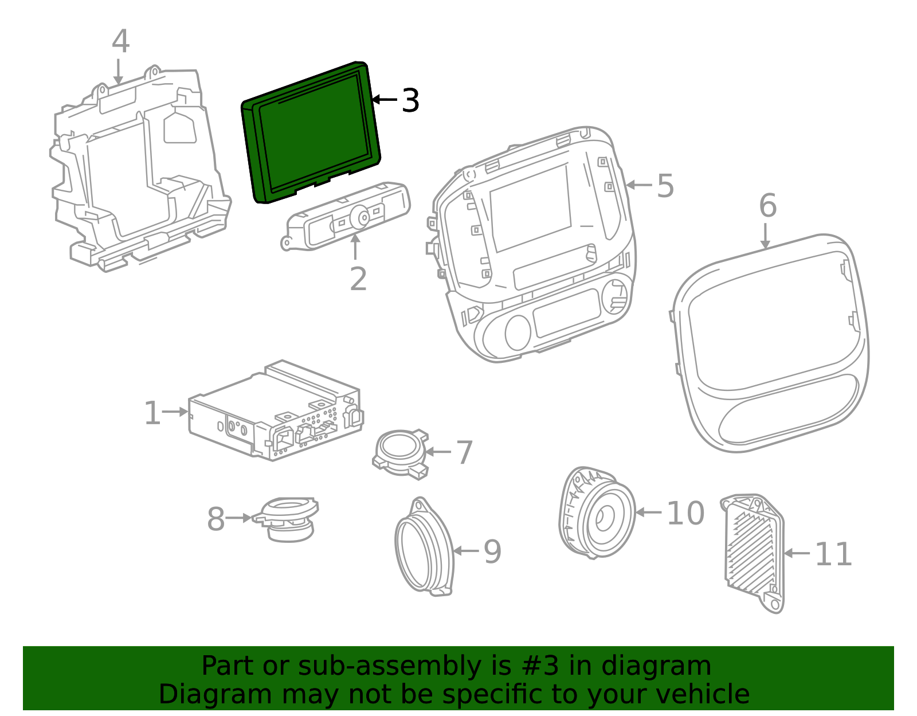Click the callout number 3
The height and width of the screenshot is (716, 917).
[x=410, y=101]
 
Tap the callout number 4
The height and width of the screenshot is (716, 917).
[x=120, y=42]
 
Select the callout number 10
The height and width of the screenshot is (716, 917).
[x=685, y=513]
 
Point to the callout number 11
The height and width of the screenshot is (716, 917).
[x=833, y=554]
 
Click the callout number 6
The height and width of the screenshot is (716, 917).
[x=767, y=205]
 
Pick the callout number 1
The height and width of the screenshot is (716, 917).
[x=152, y=413]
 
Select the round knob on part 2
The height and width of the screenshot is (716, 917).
[x=362, y=217]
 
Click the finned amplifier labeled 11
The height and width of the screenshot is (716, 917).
[x=753, y=550]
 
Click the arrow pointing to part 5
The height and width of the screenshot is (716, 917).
[x=639, y=185]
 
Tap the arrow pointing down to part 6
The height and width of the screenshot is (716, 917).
[x=765, y=236]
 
